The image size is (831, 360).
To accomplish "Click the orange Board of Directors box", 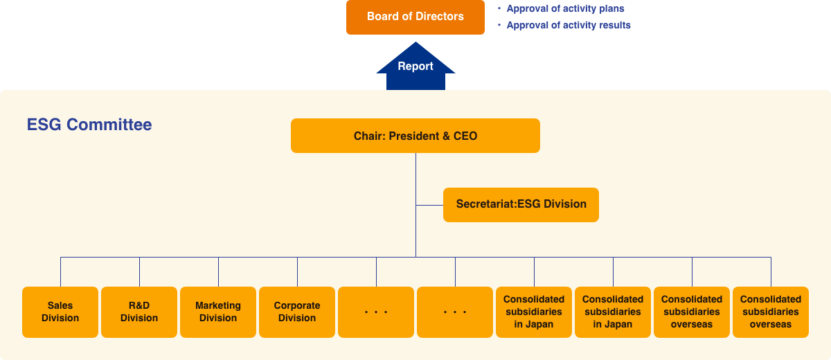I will pyautogui.click(x=415, y=17).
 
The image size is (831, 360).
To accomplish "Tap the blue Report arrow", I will pyautogui.click(x=415, y=69).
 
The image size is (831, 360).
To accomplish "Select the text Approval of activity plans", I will pyautogui.click(x=565, y=9).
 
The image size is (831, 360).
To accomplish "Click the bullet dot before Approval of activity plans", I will pyautogui.click(x=499, y=9).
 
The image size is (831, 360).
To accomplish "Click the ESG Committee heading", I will pyautogui.click(x=89, y=125).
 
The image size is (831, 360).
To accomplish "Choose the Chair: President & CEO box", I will pyautogui.click(x=415, y=136).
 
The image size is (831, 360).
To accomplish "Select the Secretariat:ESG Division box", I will pyautogui.click(x=521, y=204).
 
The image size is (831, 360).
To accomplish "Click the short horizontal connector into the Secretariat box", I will pyautogui.click(x=429, y=205).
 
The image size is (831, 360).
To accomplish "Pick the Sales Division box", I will pyautogui.click(x=60, y=312).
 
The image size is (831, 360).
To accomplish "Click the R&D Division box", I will pyautogui.click(x=139, y=312).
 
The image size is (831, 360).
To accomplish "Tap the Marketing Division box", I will pyautogui.click(x=218, y=312).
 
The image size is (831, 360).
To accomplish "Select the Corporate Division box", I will pyautogui.click(x=297, y=312).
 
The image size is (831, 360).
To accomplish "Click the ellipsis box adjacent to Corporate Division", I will pyautogui.click(x=376, y=312).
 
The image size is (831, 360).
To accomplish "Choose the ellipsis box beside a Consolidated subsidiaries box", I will pyautogui.click(x=455, y=312).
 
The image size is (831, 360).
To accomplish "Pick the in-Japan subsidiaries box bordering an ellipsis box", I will pyautogui.click(x=534, y=312).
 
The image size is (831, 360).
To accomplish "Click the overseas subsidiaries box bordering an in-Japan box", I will pyautogui.click(x=692, y=312).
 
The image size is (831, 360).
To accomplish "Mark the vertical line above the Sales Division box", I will pyautogui.click(x=61, y=271).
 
